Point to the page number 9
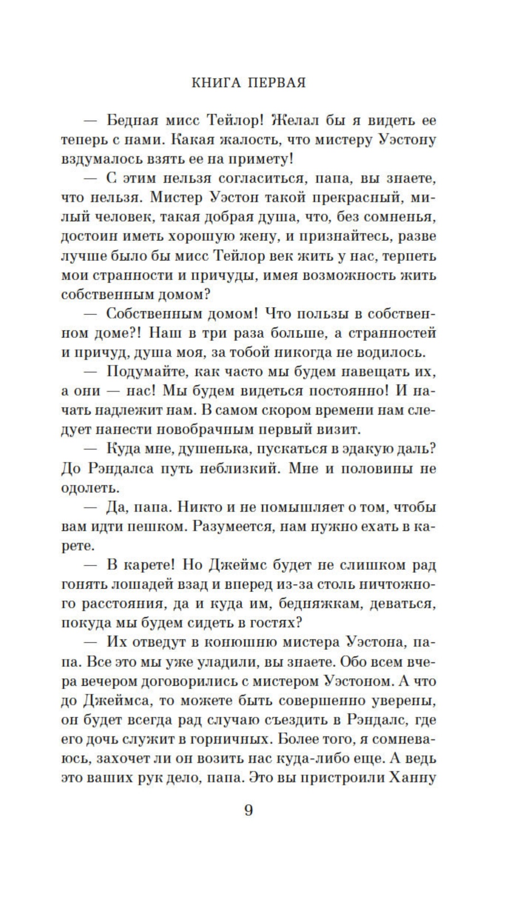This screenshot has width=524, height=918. [x=248, y=810]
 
